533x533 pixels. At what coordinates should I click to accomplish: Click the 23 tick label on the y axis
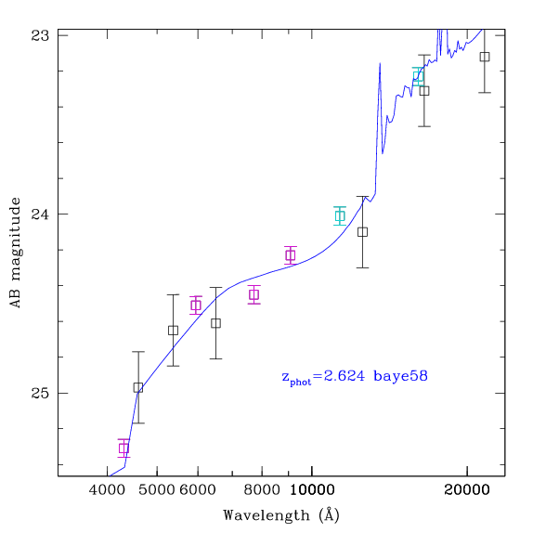tap(40, 35)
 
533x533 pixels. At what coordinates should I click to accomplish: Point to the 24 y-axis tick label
tap(40, 214)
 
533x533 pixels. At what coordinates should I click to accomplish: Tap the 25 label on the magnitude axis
tap(40, 394)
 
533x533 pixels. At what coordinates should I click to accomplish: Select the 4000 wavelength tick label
tap(107, 490)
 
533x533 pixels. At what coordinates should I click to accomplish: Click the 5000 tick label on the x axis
tap(157, 490)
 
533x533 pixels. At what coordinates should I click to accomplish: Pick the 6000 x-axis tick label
tap(198, 490)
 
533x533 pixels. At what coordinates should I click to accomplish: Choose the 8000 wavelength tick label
tap(262, 490)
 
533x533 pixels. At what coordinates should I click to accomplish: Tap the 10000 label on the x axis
tap(312, 490)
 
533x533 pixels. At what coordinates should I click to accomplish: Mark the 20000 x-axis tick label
tap(467, 490)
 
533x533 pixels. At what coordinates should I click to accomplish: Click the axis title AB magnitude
tap(16, 253)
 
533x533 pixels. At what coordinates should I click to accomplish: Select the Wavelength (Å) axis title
tap(281, 515)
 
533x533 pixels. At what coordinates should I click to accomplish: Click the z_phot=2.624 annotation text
tap(323, 377)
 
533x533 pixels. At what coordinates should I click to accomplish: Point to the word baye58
tap(400, 376)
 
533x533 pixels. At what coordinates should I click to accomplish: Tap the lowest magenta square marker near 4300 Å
tap(123, 448)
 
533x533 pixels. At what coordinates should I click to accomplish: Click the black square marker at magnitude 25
tap(138, 387)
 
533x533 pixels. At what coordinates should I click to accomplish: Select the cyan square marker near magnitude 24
tap(340, 215)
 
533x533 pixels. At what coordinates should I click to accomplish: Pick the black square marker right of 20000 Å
tap(485, 57)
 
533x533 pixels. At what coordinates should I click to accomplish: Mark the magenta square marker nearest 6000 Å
tap(196, 305)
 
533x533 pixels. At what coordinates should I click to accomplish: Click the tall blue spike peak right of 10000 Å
tap(380, 63)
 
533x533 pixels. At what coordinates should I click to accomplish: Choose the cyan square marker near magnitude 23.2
tap(418, 76)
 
